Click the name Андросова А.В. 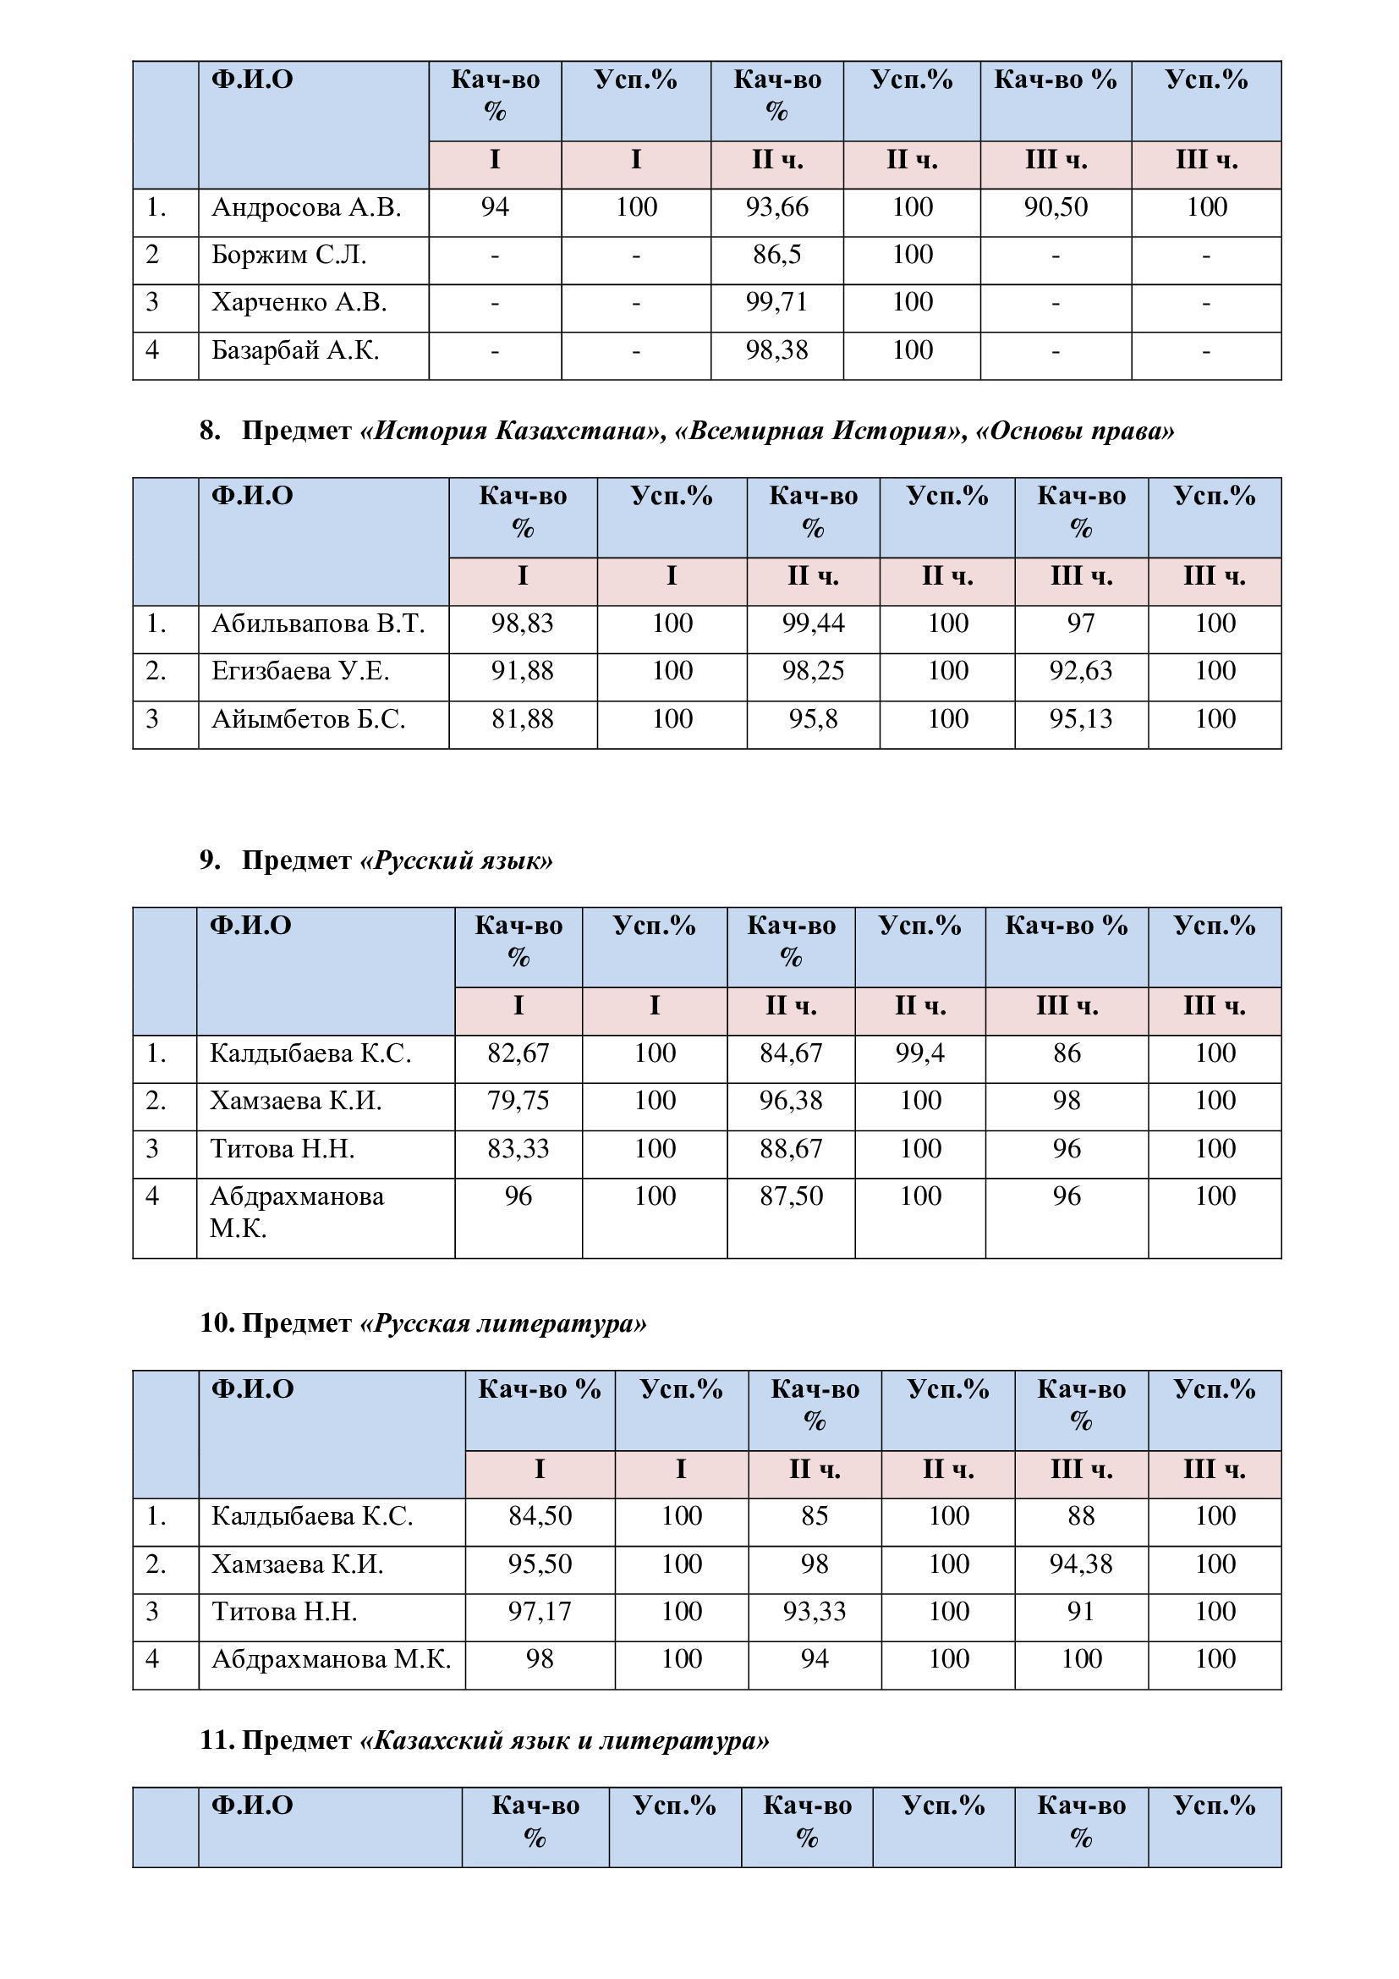click(306, 208)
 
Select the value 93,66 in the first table click(776, 208)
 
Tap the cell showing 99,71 click(776, 303)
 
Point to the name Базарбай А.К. click(294, 351)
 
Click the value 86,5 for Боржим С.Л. click(776, 256)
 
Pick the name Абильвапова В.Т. click(318, 624)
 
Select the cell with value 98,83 click(522, 624)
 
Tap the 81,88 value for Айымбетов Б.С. click(522, 719)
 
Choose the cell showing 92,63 click(1080, 672)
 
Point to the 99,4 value click(920, 1053)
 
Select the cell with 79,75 click(518, 1101)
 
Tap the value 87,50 click(791, 1196)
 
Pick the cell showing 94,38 click(1080, 1564)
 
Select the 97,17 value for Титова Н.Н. click(540, 1612)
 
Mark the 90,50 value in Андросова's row click(1056, 208)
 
